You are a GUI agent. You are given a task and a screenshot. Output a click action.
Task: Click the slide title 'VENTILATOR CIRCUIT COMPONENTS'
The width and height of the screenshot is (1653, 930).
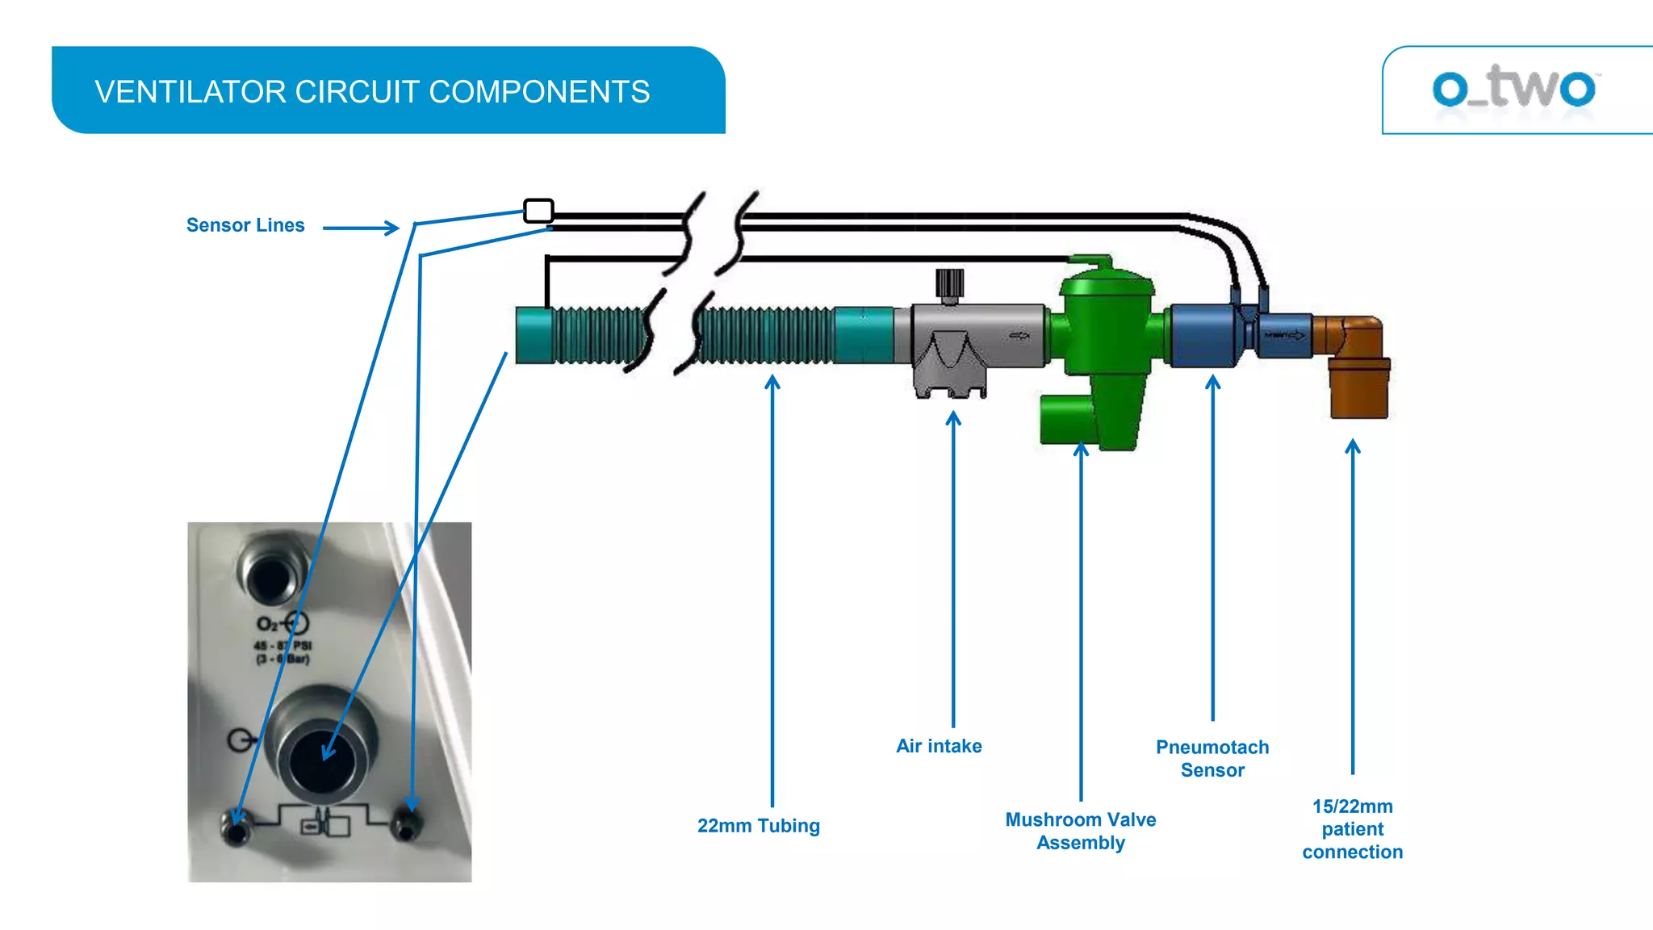click(x=372, y=92)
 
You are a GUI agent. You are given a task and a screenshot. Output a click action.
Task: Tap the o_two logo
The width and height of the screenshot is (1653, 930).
click(x=1513, y=88)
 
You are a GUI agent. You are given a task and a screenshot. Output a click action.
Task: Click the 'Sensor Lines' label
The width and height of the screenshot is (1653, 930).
click(x=245, y=225)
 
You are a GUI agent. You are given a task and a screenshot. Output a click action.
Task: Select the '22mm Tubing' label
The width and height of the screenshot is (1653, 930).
click(x=758, y=826)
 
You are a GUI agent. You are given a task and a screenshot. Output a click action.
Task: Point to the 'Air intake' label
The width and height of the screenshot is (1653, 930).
click(x=939, y=746)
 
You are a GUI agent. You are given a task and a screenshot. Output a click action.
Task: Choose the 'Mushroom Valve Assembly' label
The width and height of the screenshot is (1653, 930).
click(x=1080, y=831)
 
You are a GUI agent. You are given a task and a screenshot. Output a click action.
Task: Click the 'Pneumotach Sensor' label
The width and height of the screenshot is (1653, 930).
click(x=1212, y=758)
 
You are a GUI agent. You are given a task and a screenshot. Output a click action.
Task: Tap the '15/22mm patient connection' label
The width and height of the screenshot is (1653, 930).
click(x=1352, y=828)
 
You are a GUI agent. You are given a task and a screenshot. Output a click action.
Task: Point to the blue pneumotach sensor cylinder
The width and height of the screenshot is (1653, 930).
click(x=1203, y=335)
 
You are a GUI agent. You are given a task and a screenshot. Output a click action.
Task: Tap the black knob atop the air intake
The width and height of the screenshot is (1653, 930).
click(x=949, y=283)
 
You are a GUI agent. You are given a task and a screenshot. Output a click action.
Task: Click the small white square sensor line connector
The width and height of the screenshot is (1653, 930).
click(x=538, y=211)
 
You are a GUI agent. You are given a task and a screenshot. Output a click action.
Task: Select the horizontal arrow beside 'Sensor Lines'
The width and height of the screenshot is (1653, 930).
click(x=361, y=228)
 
